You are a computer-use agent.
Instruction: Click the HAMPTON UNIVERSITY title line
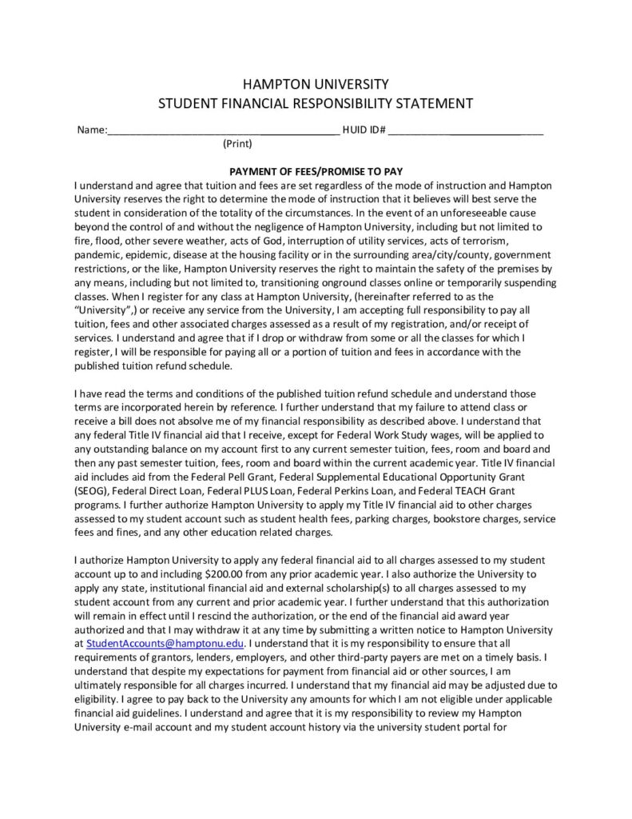tap(316, 83)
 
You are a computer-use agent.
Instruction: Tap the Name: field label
tap(90, 130)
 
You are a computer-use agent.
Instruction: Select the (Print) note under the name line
tap(237, 145)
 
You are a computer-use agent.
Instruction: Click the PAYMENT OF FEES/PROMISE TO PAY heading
tap(316, 171)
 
